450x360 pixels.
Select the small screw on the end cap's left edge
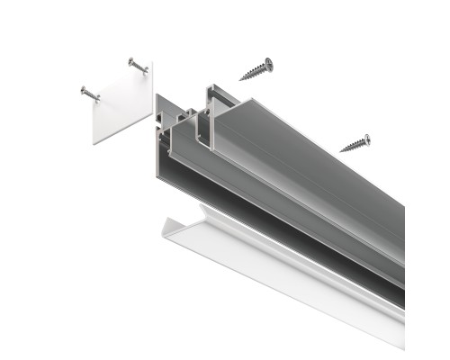91,93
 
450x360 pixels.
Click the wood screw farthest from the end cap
355,142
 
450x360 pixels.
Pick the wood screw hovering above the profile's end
256,69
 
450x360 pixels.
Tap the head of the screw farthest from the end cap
366,138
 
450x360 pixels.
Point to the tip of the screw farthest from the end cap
341,149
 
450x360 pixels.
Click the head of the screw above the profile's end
268,63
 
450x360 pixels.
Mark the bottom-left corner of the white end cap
94,142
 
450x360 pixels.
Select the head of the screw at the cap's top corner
131,61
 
